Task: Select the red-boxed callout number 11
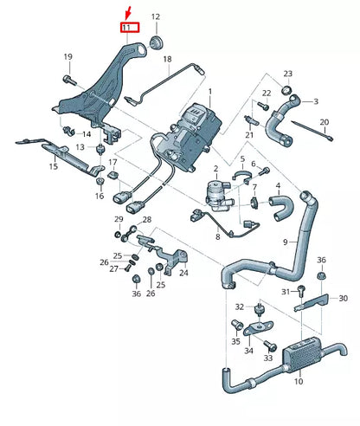point(129,28)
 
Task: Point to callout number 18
point(167,60)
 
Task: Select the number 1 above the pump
point(209,91)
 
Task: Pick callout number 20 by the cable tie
point(325,122)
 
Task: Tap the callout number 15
point(53,165)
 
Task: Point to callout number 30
point(343,299)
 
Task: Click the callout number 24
point(183,272)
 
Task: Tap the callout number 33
point(268,358)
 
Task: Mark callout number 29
point(119,221)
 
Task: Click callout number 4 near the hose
point(277,184)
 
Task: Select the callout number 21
point(249,135)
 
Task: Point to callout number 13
point(80,148)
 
